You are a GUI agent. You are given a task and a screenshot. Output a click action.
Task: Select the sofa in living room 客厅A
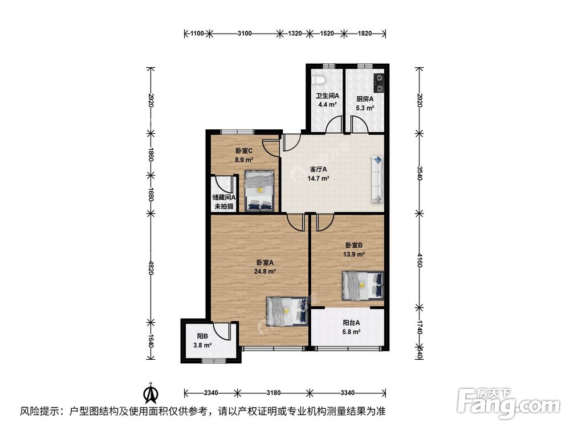[377, 179]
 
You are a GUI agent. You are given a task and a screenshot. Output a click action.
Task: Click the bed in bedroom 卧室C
[259, 191]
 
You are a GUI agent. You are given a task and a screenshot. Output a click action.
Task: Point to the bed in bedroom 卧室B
[363, 286]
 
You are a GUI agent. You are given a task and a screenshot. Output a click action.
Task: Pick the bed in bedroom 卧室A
[287, 311]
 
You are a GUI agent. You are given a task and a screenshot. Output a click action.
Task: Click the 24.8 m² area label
[265, 271]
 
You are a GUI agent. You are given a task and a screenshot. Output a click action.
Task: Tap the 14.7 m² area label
[319, 178]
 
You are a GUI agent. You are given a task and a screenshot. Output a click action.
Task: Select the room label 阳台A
[351, 322]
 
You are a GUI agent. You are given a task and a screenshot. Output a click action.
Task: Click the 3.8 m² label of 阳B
[202, 346]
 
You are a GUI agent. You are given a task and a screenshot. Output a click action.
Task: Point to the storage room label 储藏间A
[224, 198]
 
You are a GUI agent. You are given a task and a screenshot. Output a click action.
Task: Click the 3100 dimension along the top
[245, 34]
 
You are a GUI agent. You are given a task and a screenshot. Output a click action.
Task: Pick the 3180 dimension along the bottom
[274, 392]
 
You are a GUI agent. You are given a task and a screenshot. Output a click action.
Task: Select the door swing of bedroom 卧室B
[325, 222]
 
